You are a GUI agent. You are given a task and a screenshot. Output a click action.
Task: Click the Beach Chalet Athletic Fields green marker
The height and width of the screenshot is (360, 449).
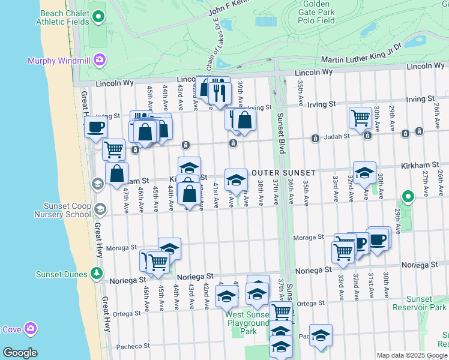point(99,17)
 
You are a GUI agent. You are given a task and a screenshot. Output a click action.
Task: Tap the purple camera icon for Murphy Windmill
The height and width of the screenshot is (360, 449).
point(99,59)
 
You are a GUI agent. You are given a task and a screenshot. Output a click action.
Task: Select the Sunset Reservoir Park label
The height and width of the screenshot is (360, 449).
point(426,303)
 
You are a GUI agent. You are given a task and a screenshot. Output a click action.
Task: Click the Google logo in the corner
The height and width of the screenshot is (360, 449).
point(20,352)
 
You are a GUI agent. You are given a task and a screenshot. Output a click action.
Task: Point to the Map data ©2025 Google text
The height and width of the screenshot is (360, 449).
point(411,355)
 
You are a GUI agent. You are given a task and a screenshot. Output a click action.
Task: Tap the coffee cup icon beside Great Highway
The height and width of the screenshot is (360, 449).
point(95,127)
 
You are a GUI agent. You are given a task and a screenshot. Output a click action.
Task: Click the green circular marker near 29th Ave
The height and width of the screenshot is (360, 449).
point(408,196)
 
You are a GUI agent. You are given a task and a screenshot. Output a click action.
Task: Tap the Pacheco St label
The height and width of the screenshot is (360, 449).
point(133,346)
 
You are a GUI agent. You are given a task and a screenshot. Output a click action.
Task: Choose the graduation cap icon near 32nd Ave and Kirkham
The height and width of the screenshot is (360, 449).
point(364,173)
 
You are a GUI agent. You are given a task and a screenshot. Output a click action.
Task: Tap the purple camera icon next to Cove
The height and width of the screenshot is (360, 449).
point(29,328)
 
